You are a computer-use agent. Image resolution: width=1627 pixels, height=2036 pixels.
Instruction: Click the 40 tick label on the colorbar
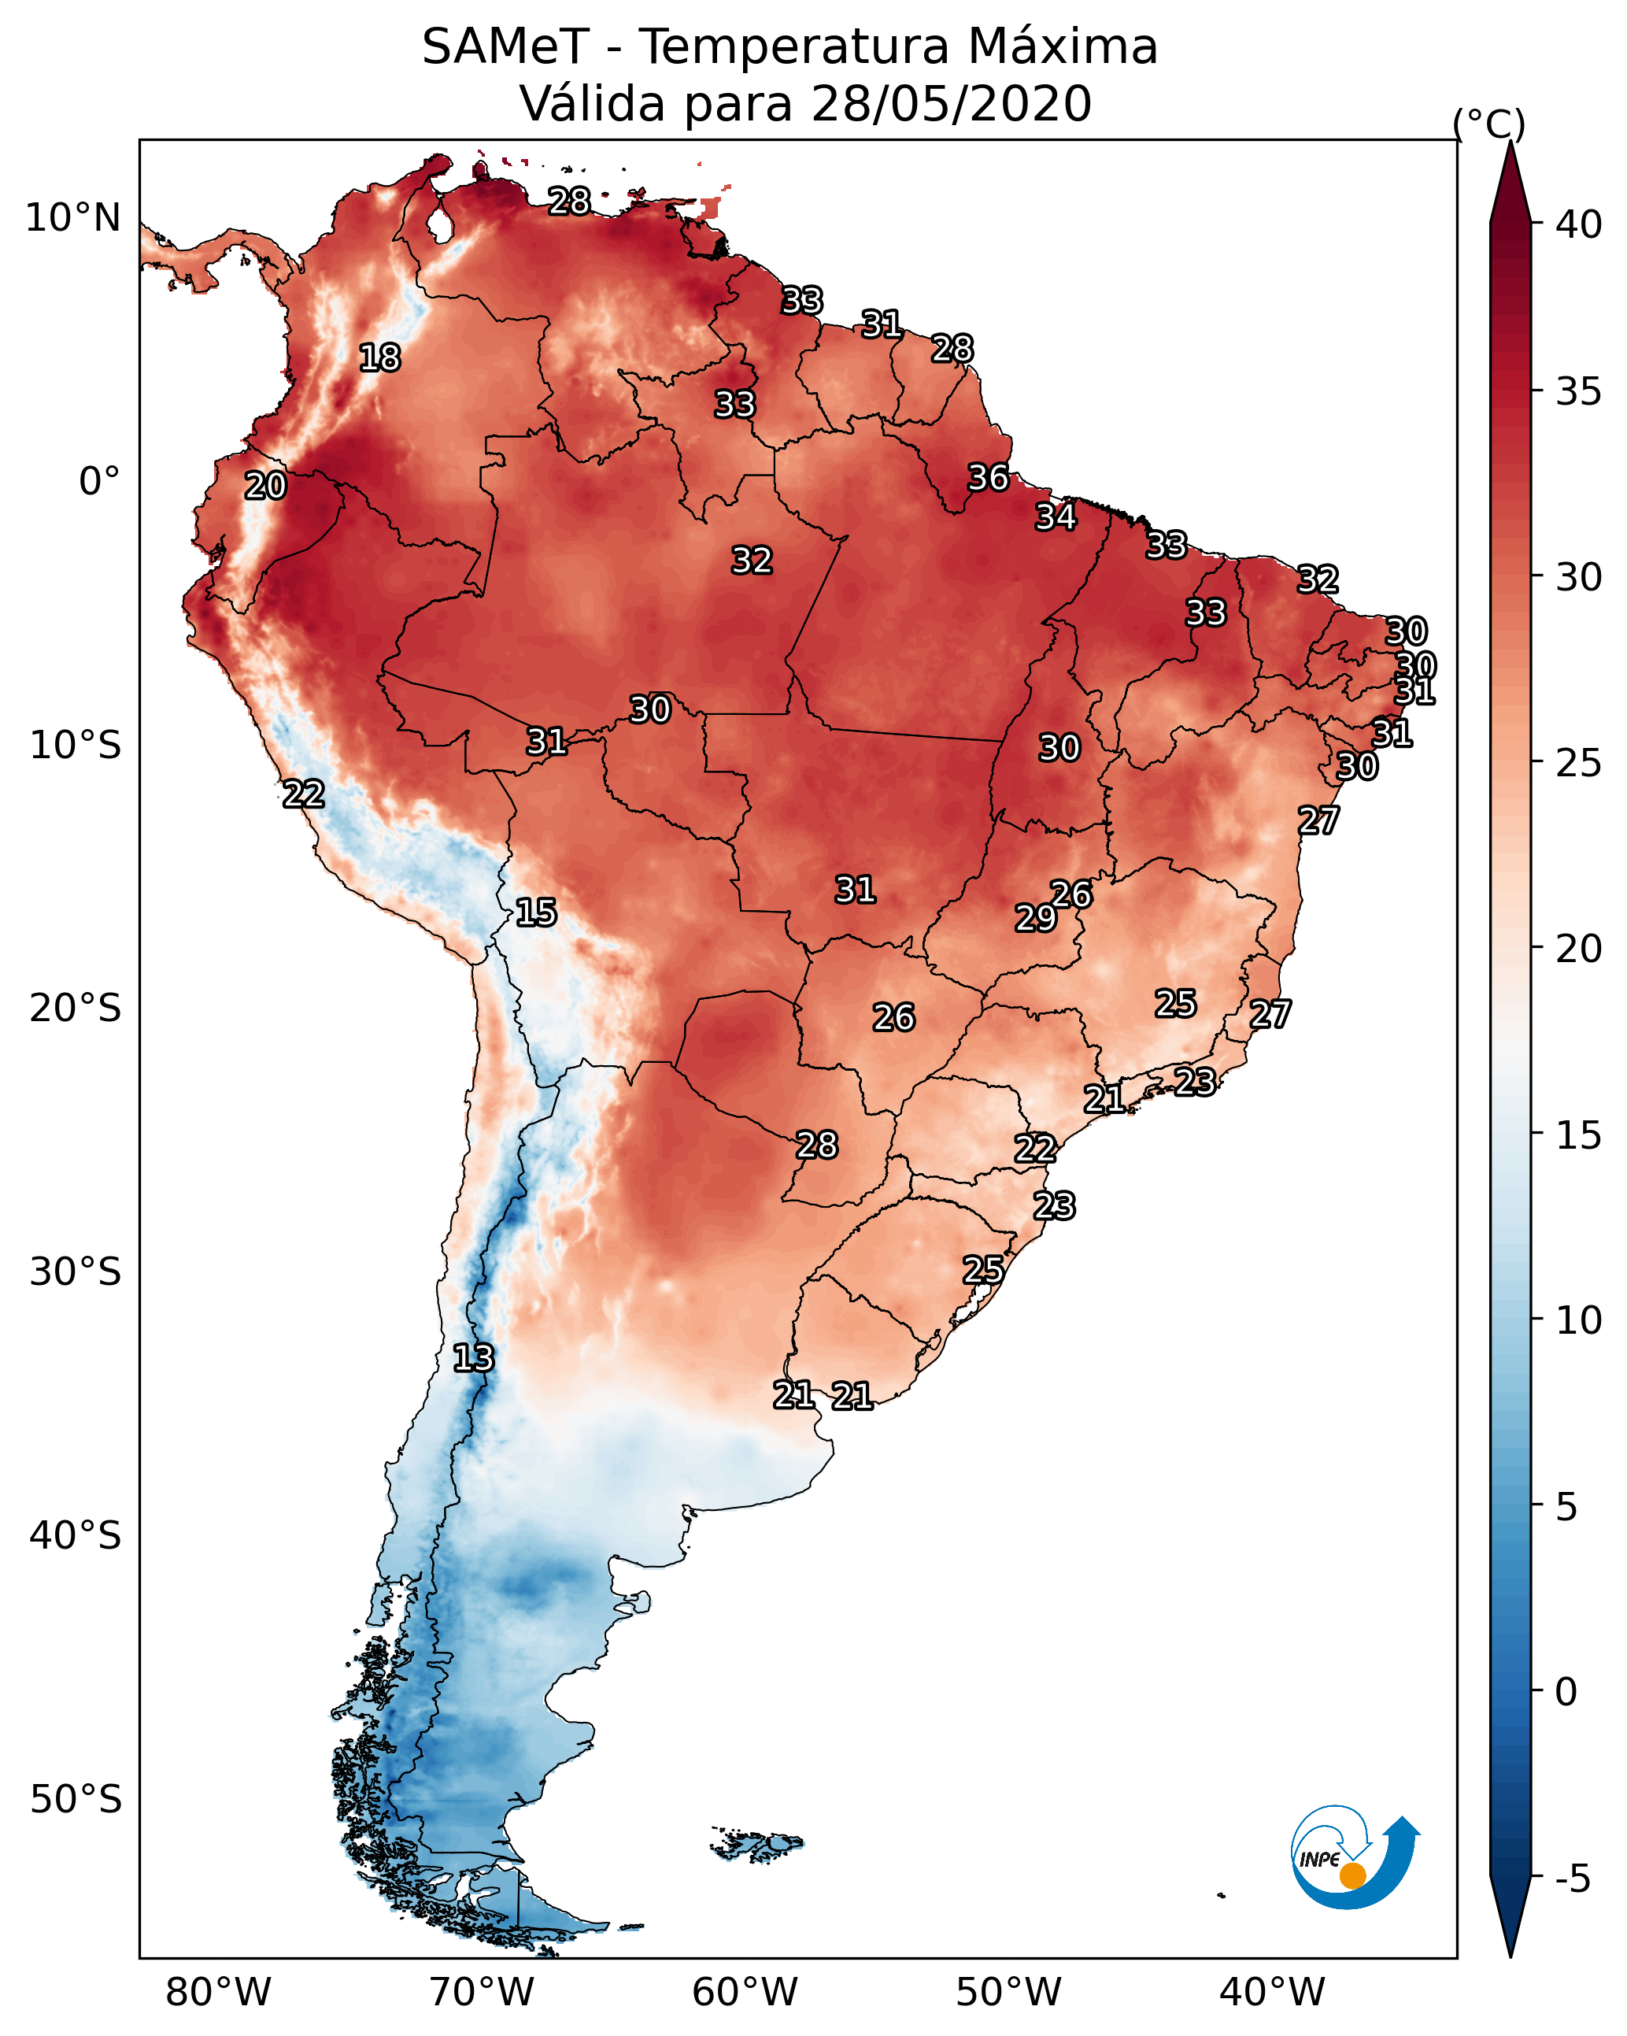tap(1579, 224)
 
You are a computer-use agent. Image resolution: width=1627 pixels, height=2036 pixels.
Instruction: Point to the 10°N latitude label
tap(72, 218)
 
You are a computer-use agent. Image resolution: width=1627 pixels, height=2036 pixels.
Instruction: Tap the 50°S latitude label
tap(76, 1800)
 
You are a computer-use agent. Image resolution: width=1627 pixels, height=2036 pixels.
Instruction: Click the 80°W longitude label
tap(218, 1993)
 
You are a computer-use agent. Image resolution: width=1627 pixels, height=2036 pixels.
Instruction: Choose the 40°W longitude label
tap(1272, 1993)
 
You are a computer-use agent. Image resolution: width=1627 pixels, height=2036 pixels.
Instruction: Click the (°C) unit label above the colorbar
tap(1489, 124)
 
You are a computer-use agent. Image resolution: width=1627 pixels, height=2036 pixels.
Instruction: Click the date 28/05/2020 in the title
tap(951, 104)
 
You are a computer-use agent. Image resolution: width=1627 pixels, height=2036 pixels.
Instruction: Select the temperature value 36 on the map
tap(989, 478)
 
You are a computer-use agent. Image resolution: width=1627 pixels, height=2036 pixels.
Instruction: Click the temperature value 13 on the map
tap(473, 1358)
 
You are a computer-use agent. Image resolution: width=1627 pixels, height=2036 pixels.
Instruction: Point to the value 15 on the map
tap(536, 912)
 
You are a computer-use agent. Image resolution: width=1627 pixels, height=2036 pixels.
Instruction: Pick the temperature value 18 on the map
tap(379, 358)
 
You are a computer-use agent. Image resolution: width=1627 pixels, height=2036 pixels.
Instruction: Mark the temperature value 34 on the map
tap(1056, 516)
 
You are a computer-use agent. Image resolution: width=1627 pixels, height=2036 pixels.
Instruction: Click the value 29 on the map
tap(1036, 918)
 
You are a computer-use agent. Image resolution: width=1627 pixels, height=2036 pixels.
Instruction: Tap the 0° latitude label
tap(100, 482)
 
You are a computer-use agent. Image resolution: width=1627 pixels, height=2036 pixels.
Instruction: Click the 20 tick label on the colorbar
tap(1579, 949)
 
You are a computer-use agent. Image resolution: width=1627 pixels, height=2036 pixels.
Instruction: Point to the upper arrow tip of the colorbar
tap(1511, 142)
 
